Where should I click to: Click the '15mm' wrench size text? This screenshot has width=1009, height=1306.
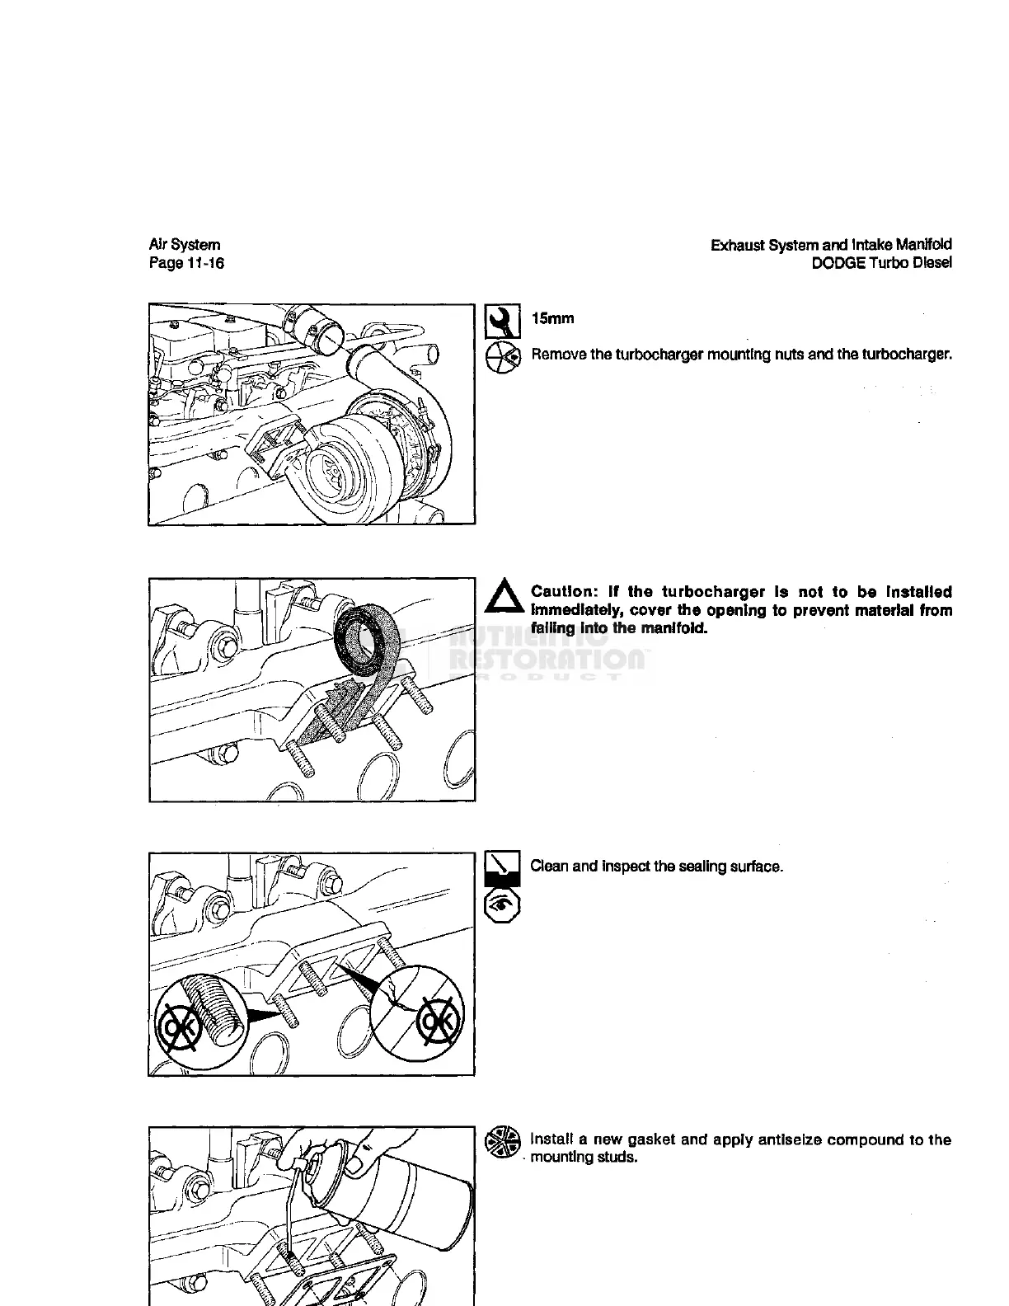point(552,318)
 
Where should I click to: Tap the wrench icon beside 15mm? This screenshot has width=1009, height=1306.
point(502,321)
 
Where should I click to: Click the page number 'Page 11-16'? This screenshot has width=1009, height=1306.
point(186,263)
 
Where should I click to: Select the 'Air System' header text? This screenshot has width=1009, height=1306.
point(185,245)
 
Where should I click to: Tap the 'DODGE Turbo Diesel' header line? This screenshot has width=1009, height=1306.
point(881,263)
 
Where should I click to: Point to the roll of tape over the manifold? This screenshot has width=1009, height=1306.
point(367,639)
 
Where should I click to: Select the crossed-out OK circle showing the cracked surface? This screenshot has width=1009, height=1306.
point(420,1011)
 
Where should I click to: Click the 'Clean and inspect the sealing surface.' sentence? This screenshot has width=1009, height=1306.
point(656,867)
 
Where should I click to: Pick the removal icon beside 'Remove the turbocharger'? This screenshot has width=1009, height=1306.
point(502,356)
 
